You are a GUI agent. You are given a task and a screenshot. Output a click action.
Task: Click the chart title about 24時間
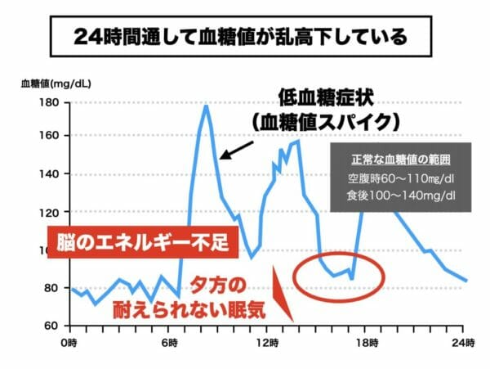(245, 37)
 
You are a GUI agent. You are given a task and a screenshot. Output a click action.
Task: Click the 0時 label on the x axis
(70, 340)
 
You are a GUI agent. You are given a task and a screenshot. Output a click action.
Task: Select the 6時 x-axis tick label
(168, 340)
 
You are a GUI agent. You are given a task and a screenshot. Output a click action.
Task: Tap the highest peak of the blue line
(206, 106)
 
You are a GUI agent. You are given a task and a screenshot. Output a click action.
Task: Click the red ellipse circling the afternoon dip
(336, 274)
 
